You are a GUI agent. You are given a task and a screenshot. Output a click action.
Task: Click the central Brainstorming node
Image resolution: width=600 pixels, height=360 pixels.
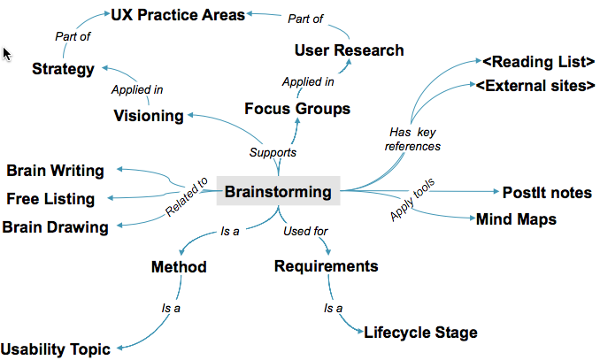coord(277,191)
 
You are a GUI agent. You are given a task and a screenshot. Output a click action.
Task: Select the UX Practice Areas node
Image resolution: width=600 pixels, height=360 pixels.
coord(178,14)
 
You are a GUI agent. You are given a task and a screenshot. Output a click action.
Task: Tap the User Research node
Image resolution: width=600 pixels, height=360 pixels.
coord(349,50)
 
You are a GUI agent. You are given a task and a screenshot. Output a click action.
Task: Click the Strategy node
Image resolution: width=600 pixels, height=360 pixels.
coord(63,68)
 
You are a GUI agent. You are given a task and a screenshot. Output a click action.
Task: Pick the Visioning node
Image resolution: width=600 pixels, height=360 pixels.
coord(149,116)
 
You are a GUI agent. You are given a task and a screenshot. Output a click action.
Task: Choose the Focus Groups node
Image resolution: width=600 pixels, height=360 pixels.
coord(297,109)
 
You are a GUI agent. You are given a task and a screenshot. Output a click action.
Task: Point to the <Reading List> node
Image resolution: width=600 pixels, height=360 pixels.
coord(537,62)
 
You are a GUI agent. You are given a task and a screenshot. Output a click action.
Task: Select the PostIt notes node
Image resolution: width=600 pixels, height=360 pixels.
coord(547,194)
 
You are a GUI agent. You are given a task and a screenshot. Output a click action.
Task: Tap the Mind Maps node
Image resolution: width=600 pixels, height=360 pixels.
coord(516,218)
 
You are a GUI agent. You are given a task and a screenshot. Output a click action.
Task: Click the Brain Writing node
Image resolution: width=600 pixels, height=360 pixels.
coord(55,171)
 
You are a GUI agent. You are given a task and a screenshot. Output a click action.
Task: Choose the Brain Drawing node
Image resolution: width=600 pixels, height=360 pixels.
coord(55,226)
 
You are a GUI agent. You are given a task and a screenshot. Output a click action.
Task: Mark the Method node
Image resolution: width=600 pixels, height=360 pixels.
coord(178,267)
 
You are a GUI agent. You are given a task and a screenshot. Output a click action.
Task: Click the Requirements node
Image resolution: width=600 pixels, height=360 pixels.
coord(326,266)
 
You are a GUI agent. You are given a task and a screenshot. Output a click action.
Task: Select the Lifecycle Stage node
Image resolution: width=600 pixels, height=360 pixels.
coord(420,333)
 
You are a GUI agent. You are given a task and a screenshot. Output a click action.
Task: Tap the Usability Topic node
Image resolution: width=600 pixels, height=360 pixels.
coord(56,349)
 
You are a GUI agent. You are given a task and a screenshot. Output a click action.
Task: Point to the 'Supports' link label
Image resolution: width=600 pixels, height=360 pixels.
coord(273,152)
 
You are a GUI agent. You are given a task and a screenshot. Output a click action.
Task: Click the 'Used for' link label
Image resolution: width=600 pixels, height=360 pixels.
coord(305,232)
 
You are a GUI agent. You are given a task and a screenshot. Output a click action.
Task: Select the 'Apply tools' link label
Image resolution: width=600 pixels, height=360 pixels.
coord(413,203)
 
